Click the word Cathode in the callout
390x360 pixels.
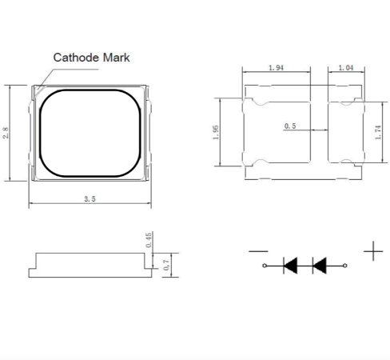(76, 58)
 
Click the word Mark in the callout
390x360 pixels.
(116, 58)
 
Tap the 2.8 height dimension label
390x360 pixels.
(6, 133)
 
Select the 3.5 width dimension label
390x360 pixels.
(90, 199)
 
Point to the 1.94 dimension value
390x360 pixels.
(276, 68)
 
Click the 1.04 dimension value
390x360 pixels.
(346, 68)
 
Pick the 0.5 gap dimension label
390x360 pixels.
(290, 126)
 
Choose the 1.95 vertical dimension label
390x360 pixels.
(216, 132)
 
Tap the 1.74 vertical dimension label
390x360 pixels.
(378, 132)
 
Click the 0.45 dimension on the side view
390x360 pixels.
(149, 240)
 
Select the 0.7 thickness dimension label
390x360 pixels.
(166, 265)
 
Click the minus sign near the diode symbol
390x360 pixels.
(258, 251)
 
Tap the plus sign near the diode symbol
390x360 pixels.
(373, 251)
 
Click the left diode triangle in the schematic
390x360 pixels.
(291, 266)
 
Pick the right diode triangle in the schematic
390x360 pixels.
(320, 266)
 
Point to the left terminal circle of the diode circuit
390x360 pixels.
(265, 266)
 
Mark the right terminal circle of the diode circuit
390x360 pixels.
(345, 266)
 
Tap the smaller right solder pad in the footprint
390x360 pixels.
(346, 132)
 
